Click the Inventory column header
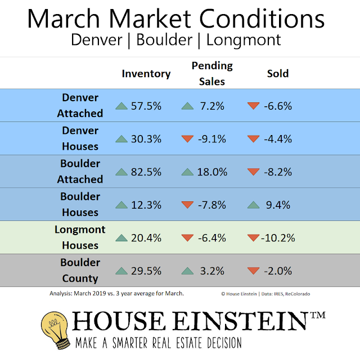146,74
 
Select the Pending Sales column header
211,74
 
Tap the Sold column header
278,74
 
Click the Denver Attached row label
80,105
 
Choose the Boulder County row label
80,271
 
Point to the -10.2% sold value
278,238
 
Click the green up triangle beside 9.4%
254,205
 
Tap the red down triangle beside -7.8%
187,205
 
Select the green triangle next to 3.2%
187,271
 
